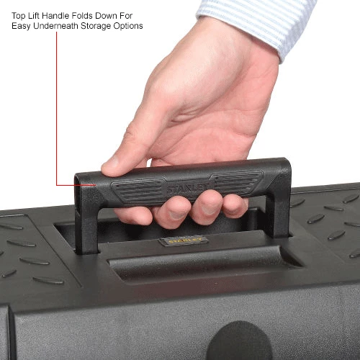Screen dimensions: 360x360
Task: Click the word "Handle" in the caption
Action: tap(55, 16)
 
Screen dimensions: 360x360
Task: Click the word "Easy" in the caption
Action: tap(21, 26)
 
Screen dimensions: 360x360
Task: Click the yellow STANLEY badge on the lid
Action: tap(184, 240)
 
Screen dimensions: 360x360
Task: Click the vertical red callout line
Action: tap(57, 109)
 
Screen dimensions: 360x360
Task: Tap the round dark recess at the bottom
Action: tap(240, 341)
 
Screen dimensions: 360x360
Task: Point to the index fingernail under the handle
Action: tap(177, 215)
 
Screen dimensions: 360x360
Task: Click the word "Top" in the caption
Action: tap(19, 16)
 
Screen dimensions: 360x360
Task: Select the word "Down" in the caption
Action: tap(107, 16)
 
